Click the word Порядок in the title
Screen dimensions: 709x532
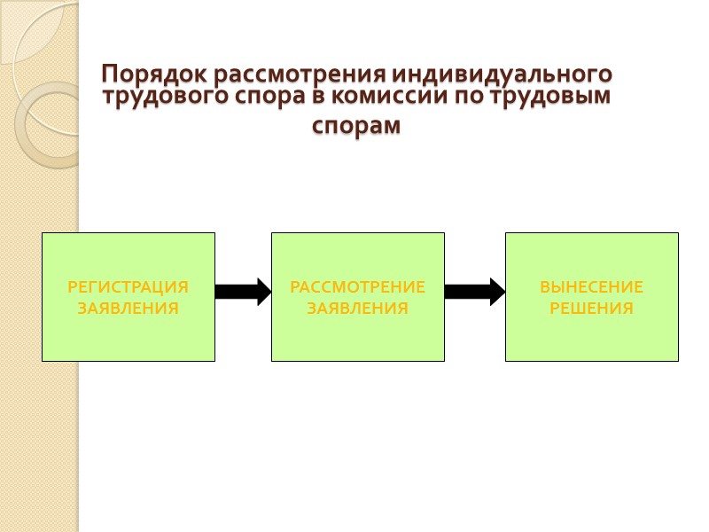(x=144, y=73)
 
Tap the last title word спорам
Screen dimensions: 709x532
(x=356, y=127)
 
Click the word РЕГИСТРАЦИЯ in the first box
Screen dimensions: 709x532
(x=129, y=287)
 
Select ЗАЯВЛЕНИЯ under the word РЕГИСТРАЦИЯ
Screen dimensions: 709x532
(x=129, y=309)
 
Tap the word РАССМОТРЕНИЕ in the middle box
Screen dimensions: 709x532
(x=358, y=287)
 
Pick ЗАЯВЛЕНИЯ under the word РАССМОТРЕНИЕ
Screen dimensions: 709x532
(x=358, y=309)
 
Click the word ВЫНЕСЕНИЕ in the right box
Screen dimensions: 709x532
(x=591, y=287)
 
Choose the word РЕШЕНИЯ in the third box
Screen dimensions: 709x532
(x=591, y=309)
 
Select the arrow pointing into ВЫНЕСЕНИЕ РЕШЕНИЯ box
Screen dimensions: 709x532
(x=474, y=291)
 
